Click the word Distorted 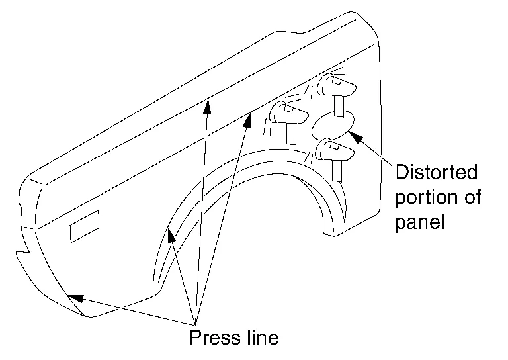tap(437, 173)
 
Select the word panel tap(419, 222)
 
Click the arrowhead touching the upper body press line tap(207, 103)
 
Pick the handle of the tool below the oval tap(337, 169)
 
